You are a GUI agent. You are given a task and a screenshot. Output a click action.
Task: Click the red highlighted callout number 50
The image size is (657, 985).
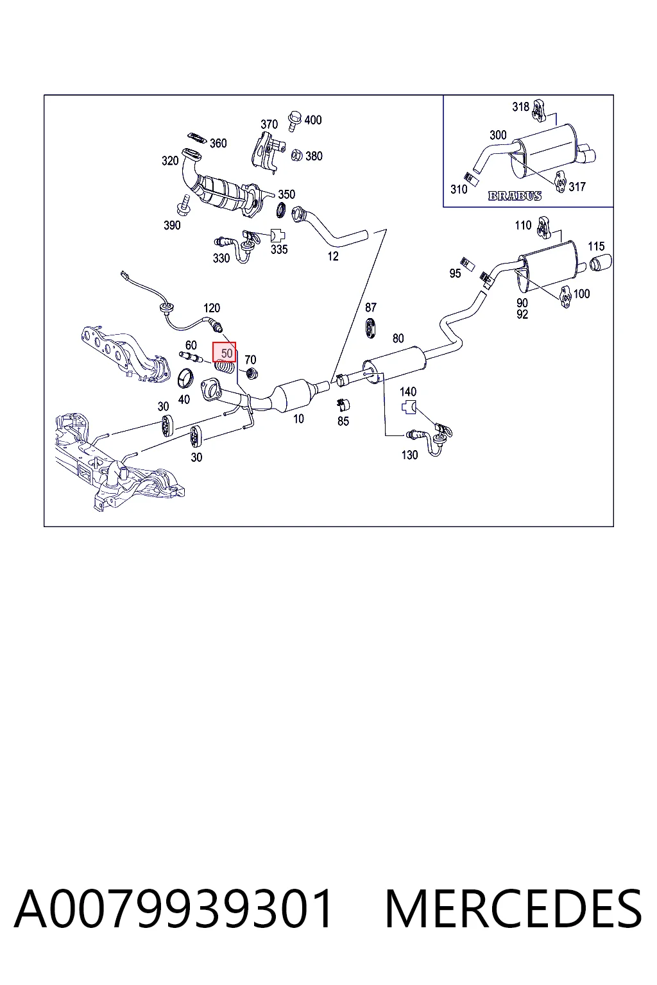pyautogui.click(x=226, y=353)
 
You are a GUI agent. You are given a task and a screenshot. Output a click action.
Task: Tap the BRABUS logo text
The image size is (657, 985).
pyautogui.click(x=515, y=196)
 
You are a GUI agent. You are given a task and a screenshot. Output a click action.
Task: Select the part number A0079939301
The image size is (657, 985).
pyautogui.click(x=173, y=909)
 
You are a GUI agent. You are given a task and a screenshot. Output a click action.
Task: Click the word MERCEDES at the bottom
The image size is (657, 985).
pyautogui.click(x=513, y=909)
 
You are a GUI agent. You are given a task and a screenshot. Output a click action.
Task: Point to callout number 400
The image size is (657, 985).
pyautogui.click(x=313, y=120)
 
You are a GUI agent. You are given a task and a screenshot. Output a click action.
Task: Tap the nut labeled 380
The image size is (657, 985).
pyautogui.click(x=296, y=155)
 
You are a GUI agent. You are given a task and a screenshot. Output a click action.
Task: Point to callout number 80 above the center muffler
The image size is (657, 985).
pyautogui.click(x=398, y=338)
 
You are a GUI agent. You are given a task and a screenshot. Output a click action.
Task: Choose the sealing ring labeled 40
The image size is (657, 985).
pyautogui.click(x=185, y=378)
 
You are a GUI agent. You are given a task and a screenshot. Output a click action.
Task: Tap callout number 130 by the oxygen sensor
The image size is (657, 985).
pyautogui.click(x=410, y=455)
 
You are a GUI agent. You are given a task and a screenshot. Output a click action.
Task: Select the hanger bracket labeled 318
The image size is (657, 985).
pyautogui.click(x=538, y=110)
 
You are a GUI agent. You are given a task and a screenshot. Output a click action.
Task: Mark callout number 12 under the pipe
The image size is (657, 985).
pyautogui.click(x=333, y=256)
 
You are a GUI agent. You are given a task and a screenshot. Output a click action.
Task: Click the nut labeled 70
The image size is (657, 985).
pyautogui.click(x=252, y=373)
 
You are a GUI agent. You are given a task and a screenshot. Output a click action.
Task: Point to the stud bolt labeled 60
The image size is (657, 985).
pyautogui.click(x=191, y=357)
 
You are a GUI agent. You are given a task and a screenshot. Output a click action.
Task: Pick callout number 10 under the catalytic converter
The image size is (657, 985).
pyautogui.click(x=299, y=419)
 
